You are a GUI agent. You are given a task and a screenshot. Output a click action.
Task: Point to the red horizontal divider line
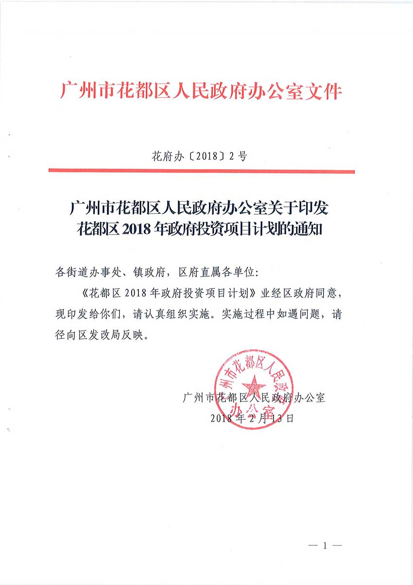[201, 171]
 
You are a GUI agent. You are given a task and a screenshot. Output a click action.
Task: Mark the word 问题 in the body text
[310, 314]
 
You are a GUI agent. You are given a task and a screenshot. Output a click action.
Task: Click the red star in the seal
[253, 387]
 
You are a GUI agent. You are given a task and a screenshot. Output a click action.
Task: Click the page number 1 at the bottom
[325, 546]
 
